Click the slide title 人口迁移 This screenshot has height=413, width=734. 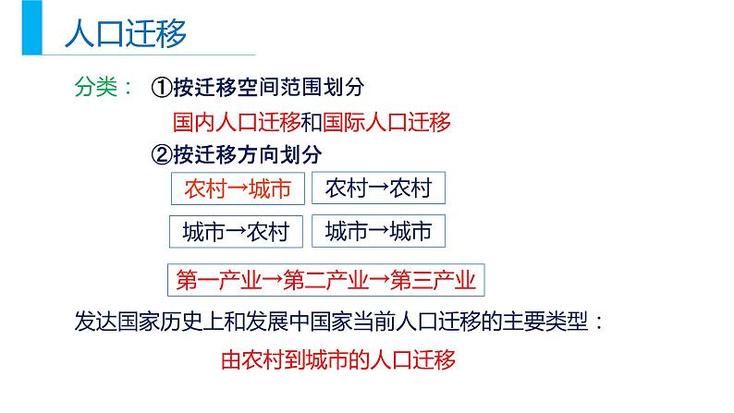(x=126, y=32)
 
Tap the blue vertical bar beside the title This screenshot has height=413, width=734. (x=31, y=27)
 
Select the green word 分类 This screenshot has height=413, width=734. (x=96, y=87)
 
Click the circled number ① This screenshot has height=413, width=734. (x=162, y=87)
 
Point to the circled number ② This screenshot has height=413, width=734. (x=162, y=154)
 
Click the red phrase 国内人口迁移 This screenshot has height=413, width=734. (x=237, y=122)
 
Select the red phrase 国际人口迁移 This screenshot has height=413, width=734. (x=386, y=122)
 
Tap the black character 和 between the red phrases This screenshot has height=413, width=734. (x=312, y=122)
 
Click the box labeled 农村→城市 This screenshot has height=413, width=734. (x=238, y=188)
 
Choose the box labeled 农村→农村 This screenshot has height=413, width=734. (x=378, y=188)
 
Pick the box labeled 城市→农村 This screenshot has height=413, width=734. (x=236, y=232)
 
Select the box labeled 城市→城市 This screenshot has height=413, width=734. (x=378, y=231)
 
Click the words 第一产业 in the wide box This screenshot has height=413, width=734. (x=218, y=280)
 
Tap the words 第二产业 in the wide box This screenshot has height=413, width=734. (x=325, y=280)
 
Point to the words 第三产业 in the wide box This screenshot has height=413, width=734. (x=433, y=280)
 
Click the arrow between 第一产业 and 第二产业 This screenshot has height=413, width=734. (x=272, y=279)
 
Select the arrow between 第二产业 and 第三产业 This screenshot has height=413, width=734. (x=379, y=279)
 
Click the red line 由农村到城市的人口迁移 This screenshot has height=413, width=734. (x=338, y=360)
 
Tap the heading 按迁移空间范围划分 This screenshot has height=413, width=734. (x=269, y=87)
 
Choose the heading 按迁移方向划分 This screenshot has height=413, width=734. (x=247, y=154)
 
